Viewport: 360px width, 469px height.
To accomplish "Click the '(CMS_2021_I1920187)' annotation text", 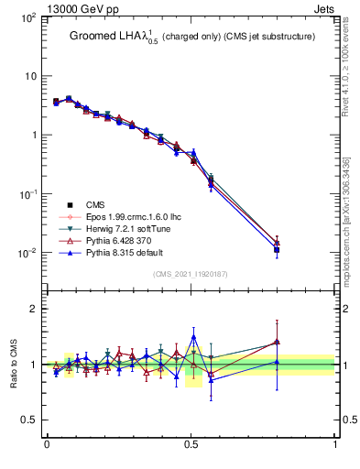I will (191, 273).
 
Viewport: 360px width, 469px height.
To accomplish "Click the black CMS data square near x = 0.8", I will (277, 249).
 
